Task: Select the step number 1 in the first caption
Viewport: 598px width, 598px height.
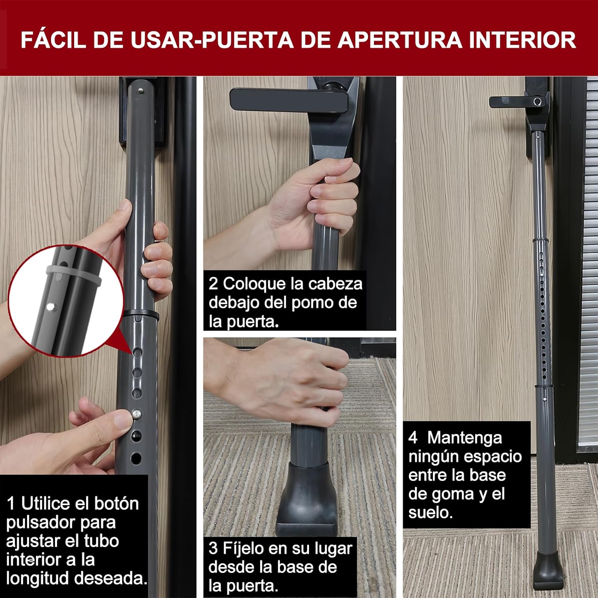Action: click(x=11, y=504)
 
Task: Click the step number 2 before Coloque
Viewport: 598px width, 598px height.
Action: click(x=213, y=284)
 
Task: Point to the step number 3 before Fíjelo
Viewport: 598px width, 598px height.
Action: click(x=213, y=548)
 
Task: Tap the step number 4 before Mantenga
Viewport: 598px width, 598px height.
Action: click(x=413, y=438)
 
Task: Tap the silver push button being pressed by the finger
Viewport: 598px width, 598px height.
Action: click(x=136, y=414)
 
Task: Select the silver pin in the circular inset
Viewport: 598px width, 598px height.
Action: click(x=50, y=307)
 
